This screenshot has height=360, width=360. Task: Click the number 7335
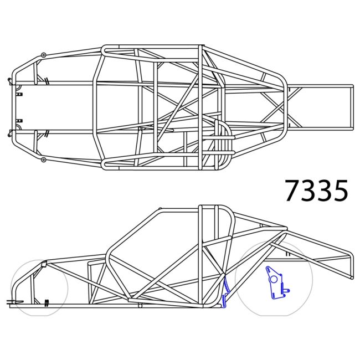coord(316,191)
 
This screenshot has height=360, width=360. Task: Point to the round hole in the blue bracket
coord(272,279)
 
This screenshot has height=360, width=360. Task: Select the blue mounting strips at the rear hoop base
coord(225,293)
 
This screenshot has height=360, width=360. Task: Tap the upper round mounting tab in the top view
coord(43,55)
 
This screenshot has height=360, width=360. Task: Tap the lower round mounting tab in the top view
coord(43,160)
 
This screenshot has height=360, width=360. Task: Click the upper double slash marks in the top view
coord(48,81)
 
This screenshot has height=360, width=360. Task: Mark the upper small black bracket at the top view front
coord(19,95)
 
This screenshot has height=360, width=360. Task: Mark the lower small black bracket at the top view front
coord(19,120)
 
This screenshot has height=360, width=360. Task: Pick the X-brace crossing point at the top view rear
coord(275,107)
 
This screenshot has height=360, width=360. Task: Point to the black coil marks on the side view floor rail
coord(47,302)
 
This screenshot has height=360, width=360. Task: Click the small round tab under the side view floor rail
coord(140,305)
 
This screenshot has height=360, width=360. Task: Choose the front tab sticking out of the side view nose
coord(11,302)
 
